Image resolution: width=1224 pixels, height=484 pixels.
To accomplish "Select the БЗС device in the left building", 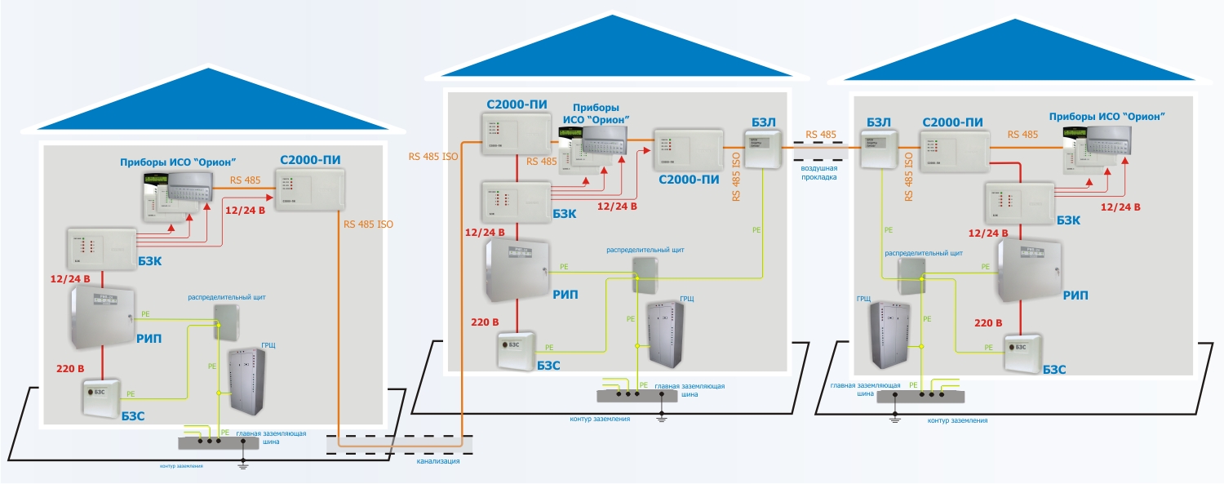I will [100, 398].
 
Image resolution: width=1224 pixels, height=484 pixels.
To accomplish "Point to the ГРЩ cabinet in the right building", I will [889, 333].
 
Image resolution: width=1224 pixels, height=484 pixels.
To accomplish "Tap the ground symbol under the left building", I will [242, 465].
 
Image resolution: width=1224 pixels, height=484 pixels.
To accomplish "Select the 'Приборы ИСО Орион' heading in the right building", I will [1106, 116].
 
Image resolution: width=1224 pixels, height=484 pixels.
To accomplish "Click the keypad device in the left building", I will [170, 197].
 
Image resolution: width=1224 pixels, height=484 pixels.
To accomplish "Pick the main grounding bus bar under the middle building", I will [637, 395].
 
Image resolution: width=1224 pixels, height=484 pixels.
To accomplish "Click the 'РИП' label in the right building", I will [1075, 295].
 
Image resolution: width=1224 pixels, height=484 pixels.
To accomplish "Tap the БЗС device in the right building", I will [1021, 348].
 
